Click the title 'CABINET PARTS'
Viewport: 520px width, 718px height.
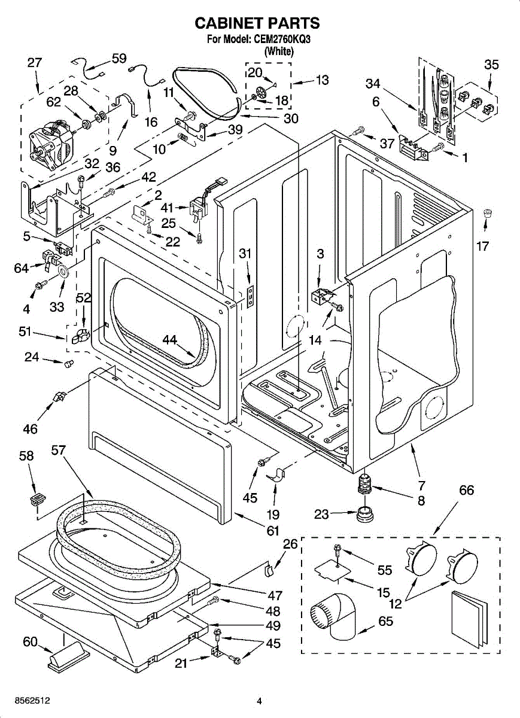(x=257, y=23)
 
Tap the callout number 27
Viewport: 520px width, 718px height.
(x=35, y=62)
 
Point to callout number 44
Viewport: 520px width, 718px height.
(x=169, y=339)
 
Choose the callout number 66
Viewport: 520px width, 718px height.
(x=466, y=490)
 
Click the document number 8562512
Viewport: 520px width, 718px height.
(x=32, y=701)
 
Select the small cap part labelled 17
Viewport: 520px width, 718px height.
(x=487, y=213)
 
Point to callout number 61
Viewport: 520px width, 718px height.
(x=272, y=531)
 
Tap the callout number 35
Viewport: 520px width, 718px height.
(x=491, y=65)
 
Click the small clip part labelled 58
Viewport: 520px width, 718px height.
(x=38, y=499)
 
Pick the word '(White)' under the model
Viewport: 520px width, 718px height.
(x=279, y=51)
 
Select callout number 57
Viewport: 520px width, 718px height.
(x=59, y=450)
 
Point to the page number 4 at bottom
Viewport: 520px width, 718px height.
(x=259, y=701)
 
